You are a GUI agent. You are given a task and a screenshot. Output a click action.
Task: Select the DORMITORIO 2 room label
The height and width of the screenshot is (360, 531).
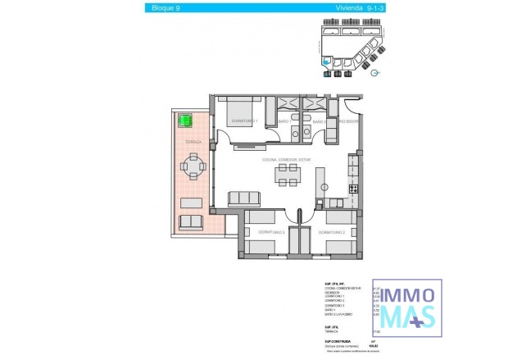(x=270, y=232)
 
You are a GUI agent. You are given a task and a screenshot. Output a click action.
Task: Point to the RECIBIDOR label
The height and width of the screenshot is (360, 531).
(x=348, y=121)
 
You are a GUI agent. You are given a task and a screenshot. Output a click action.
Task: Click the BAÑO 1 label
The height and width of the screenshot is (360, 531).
(x=285, y=121)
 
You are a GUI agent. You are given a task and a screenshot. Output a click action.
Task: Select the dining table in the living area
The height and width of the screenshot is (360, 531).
(x=288, y=173)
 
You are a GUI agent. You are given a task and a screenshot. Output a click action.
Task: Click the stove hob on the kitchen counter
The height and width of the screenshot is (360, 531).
(x=354, y=189)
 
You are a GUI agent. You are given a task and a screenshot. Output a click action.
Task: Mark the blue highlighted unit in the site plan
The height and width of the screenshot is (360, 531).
(x=327, y=60)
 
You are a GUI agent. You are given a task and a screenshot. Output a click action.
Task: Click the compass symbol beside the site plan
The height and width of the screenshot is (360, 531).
(x=374, y=73)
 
